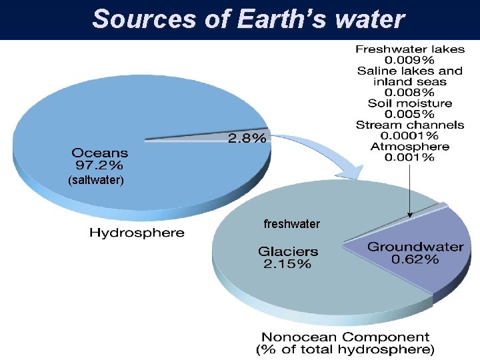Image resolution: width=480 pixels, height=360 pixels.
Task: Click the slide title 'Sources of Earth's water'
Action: [x=248, y=19]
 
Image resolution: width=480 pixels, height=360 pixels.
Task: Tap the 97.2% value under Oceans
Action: [x=97, y=164]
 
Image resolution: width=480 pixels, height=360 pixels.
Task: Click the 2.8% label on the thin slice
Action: [x=247, y=139]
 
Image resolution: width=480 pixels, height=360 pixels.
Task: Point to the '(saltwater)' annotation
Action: [x=97, y=180]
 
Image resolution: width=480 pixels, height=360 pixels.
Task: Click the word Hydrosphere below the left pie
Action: [x=137, y=233]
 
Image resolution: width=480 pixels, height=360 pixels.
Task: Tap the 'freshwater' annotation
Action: [x=292, y=224]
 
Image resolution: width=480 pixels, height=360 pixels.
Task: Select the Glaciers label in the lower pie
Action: [x=288, y=252]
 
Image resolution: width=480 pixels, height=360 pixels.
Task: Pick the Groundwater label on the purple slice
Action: [x=415, y=247]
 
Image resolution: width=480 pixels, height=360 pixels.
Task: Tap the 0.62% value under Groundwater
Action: [x=415, y=259]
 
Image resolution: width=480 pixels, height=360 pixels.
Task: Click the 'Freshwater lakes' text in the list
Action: [x=409, y=49]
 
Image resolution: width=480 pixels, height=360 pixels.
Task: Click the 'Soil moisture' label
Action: [x=409, y=103]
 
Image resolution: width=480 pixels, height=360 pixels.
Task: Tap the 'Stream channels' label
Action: [x=409, y=125]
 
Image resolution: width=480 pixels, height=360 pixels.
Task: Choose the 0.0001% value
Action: [x=409, y=135]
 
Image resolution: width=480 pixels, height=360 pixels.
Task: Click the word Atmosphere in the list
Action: [x=409, y=147]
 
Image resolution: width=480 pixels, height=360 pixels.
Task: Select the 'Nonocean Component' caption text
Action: [x=345, y=337]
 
